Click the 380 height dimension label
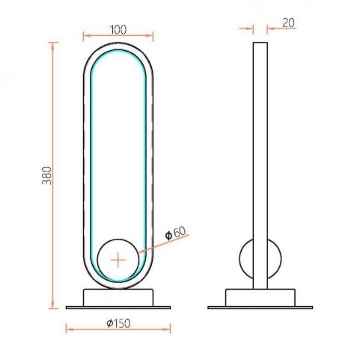coord(47,176)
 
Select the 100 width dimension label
coord(118,30)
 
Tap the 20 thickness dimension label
coord(288,23)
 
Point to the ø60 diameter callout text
coord(176,233)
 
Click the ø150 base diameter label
coord(118,323)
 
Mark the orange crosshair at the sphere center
coord(118,260)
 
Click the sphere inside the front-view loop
coord(118,260)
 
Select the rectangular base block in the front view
coord(118,298)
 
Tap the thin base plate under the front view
coord(118,308)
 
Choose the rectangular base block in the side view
coord(260,298)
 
